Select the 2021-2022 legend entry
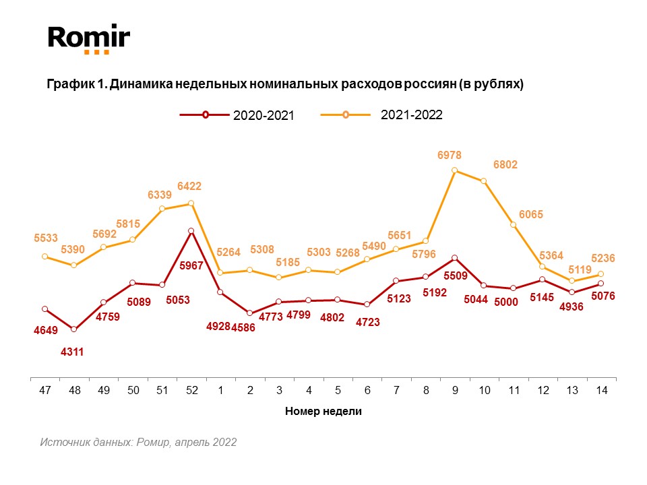tap(392, 115)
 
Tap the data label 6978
tap(450, 156)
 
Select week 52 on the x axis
tap(191, 391)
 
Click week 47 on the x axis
tap(45, 391)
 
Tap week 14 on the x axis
tap(601, 391)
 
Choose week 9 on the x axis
tap(455, 391)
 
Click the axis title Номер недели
tap(323, 412)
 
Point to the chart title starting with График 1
tap(284, 84)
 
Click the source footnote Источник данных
tap(138, 443)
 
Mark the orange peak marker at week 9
tap(455, 170)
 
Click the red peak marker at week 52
tap(191, 231)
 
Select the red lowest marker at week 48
tap(74, 329)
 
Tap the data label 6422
tap(189, 186)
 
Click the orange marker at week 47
tap(45, 257)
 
